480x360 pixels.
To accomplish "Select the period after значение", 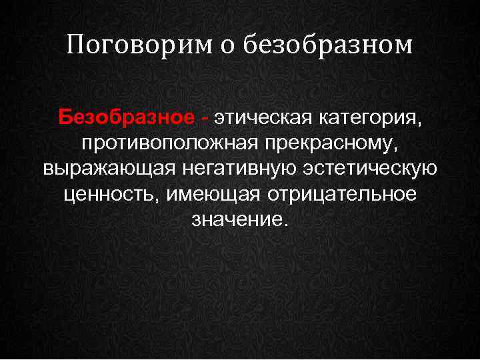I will click(x=287, y=223).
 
